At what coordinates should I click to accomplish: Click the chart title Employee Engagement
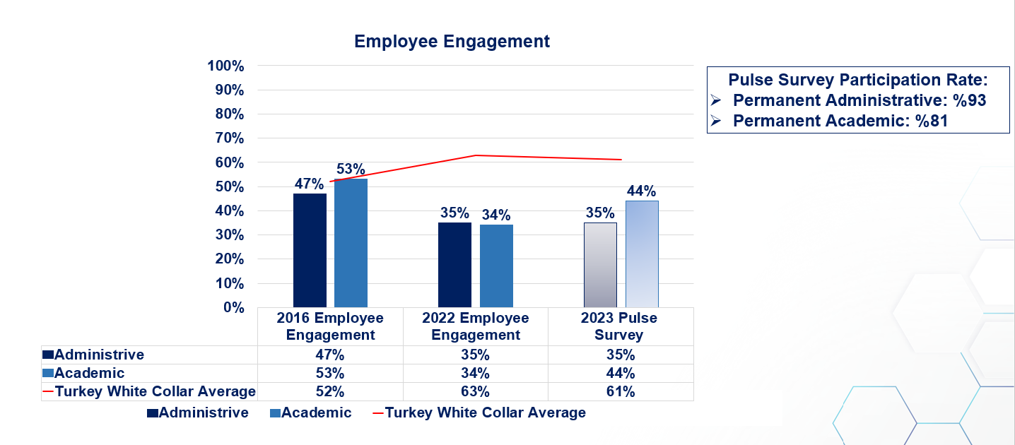point(452,42)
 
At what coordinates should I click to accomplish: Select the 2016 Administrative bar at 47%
point(310,250)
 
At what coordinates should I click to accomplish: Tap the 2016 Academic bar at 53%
point(351,243)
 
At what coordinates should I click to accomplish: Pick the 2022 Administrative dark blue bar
point(454,265)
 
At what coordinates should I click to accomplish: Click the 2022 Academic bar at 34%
point(496,266)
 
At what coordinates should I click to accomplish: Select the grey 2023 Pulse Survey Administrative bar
point(600,265)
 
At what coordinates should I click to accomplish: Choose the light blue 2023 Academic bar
point(642,254)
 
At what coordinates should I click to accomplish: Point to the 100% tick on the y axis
point(225,66)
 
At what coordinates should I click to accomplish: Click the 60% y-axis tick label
point(228,162)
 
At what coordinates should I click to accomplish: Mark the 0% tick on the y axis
point(233,307)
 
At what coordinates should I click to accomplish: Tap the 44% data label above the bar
point(642,191)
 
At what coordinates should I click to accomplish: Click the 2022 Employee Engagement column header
point(476,326)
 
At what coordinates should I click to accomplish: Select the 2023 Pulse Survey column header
point(619,326)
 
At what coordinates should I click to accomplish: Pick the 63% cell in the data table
point(476,391)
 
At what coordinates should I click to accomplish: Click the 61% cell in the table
point(620,391)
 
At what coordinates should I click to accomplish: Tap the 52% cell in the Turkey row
point(330,391)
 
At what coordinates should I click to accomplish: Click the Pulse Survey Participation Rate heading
point(857,79)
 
